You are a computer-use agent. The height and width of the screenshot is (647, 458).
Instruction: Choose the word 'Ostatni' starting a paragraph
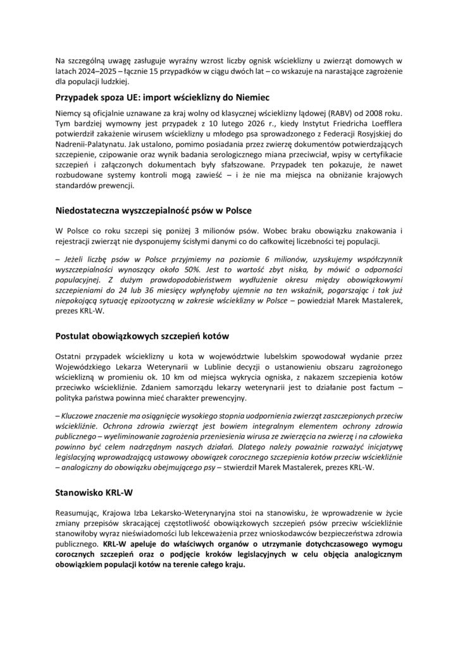click(69, 362)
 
